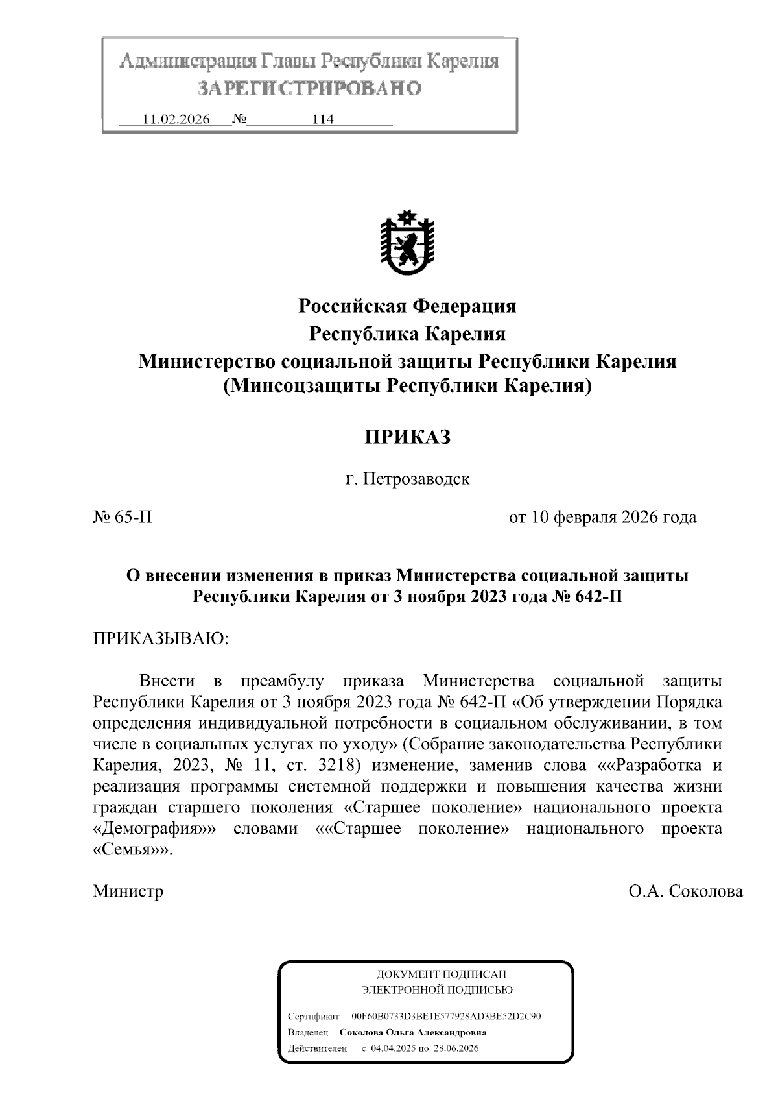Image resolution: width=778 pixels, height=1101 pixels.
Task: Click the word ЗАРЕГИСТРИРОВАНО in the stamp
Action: point(309,88)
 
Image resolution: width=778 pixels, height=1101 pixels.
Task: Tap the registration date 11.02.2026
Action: point(176,120)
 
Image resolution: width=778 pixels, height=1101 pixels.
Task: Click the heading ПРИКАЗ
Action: point(407,437)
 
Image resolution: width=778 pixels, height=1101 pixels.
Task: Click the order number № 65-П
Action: point(123,517)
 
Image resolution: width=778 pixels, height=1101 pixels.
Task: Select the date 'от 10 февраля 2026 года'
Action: point(602,517)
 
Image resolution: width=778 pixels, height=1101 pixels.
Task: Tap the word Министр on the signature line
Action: point(128,891)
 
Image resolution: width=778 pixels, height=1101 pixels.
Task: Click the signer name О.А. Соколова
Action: point(685,891)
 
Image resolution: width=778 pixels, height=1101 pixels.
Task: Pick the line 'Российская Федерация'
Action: point(407,306)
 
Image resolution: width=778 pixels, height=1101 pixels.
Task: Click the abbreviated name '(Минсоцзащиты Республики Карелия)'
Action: point(407,387)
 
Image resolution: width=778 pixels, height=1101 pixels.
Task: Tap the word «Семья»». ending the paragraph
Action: point(134,850)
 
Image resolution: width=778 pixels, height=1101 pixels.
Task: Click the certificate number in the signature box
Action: point(445,1017)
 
